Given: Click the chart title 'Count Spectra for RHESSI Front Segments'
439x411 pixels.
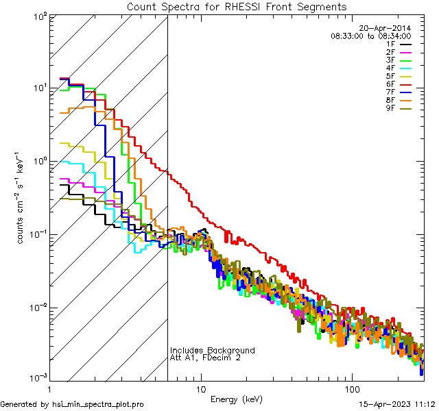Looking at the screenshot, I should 237,7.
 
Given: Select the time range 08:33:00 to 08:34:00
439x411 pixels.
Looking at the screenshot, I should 370,36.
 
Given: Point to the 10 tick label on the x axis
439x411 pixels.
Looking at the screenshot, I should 200,388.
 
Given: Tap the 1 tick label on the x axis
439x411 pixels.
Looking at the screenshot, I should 50,388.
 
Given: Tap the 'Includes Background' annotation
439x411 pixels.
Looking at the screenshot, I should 213,350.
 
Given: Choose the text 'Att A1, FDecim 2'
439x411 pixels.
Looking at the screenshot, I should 205,358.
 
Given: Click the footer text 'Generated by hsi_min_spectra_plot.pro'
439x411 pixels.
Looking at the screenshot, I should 72,404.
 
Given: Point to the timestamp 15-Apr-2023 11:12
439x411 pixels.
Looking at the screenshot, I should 399,404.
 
